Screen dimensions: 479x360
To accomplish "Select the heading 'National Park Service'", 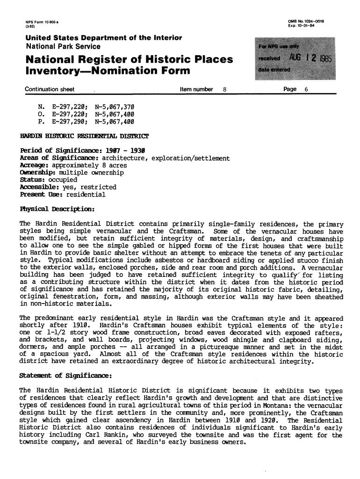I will (x=63, y=47).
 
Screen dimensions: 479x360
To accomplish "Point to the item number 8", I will (x=225, y=89).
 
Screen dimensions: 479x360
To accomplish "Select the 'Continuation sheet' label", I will (x=50, y=89).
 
